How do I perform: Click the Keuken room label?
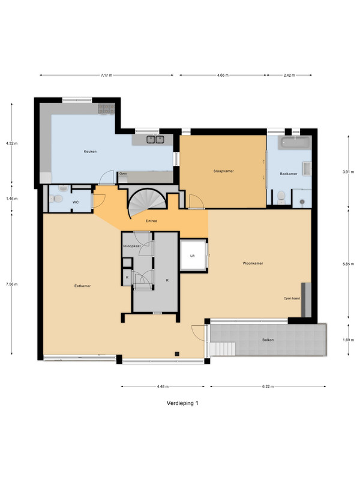(90, 151)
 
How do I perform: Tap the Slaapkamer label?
(223, 171)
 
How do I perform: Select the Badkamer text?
(289, 173)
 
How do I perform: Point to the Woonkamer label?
(253, 263)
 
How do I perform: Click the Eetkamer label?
(82, 286)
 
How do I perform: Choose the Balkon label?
(268, 340)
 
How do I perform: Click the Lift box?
(193, 256)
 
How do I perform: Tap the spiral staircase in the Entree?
(147, 202)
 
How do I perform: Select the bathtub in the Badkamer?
(295, 143)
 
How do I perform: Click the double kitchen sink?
(155, 140)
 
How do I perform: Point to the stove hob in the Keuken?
(107, 109)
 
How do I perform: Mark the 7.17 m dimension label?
(107, 75)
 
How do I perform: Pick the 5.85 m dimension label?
(348, 264)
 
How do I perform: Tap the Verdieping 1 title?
(182, 403)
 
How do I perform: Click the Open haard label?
(292, 298)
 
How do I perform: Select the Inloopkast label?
(132, 246)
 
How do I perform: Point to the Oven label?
(123, 173)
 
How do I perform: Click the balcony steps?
(223, 349)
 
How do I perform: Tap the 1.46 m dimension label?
(11, 199)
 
